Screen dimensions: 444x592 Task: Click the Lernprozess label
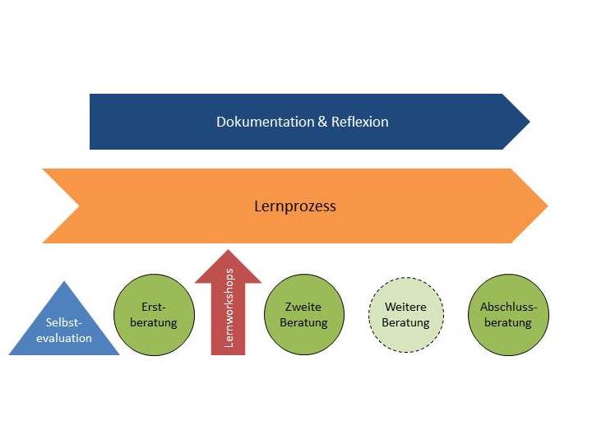pos(295,206)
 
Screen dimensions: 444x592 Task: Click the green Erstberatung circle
pos(153,315)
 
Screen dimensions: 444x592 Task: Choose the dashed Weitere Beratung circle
pos(405,315)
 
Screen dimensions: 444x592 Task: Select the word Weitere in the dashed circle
pos(405,308)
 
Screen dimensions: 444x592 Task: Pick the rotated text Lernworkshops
pos(229,309)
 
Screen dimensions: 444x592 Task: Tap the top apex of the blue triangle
pos(64,284)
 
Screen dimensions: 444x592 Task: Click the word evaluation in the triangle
pos(64,338)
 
